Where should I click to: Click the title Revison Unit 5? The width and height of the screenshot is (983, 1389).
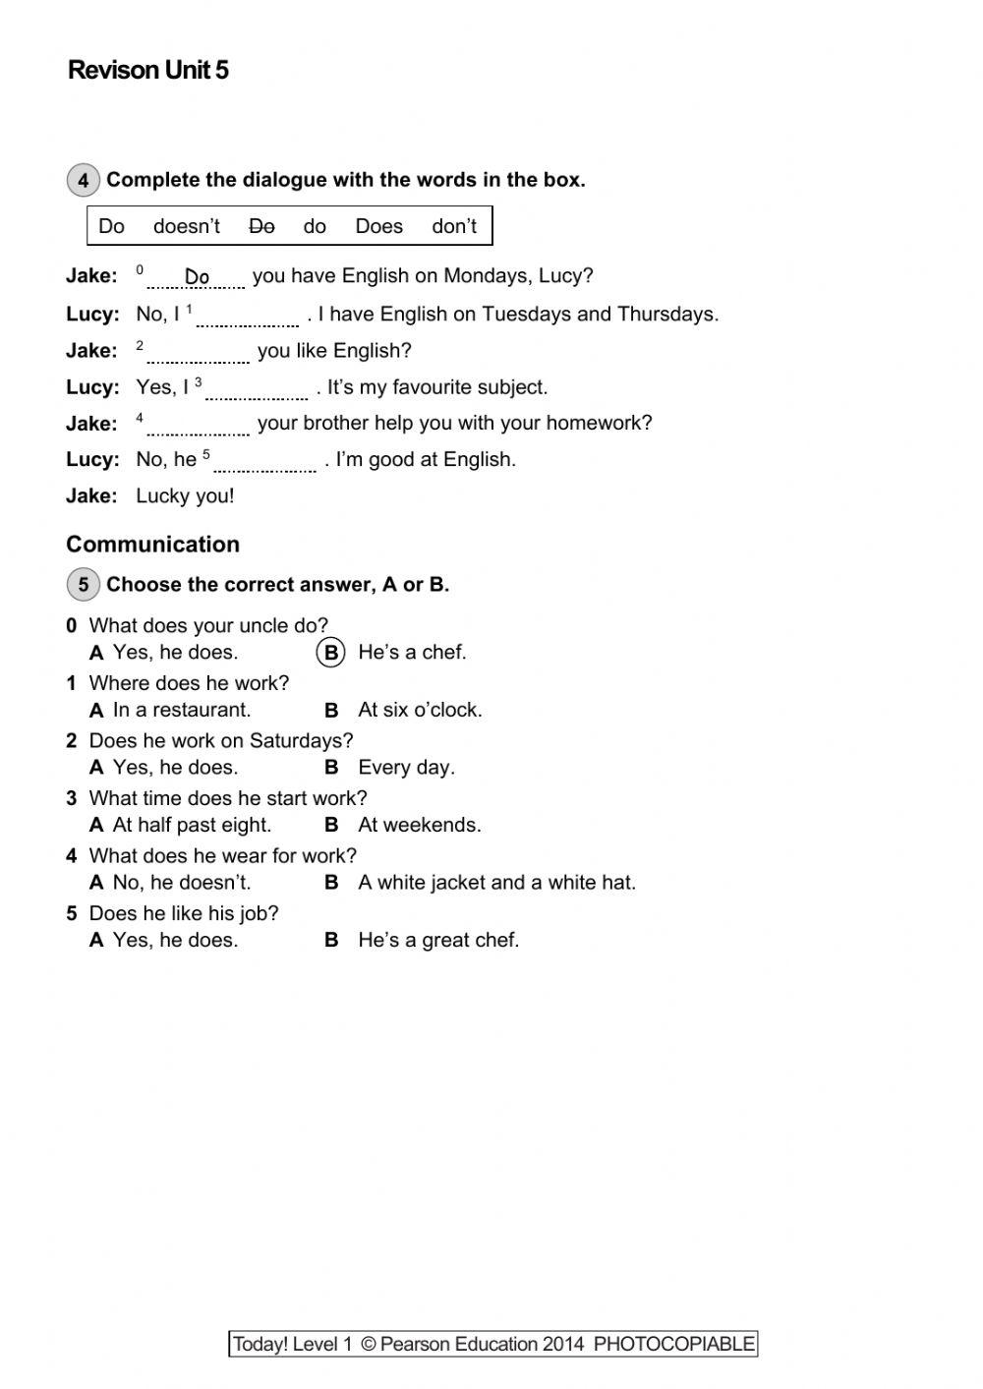[x=147, y=70]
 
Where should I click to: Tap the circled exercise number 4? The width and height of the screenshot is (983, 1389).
[x=83, y=180]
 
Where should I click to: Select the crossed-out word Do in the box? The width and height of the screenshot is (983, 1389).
[x=261, y=226]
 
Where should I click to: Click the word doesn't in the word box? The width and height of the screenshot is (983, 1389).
[x=187, y=226]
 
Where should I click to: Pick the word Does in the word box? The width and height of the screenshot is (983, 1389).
[x=378, y=226]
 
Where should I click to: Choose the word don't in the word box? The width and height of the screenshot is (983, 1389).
[x=454, y=226]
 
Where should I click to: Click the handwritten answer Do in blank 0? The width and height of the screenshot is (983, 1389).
[x=197, y=277]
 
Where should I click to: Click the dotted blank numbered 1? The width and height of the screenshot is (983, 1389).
[x=247, y=318]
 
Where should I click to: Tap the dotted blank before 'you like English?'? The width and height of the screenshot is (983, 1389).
[x=198, y=355]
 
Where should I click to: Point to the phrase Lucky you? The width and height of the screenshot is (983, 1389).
[x=185, y=495]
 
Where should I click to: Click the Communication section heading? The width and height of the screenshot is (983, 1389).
[x=152, y=545]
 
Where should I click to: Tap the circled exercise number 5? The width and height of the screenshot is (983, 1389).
[x=83, y=585]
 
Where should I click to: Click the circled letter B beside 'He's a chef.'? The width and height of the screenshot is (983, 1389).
[x=331, y=653]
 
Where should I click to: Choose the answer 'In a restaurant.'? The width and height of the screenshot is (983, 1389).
[x=182, y=710]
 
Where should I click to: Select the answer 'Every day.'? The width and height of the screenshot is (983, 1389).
[x=406, y=768]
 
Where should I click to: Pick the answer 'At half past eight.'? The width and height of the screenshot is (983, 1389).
[x=192, y=825]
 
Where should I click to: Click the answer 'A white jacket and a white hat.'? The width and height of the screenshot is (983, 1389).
[x=496, y=883]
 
